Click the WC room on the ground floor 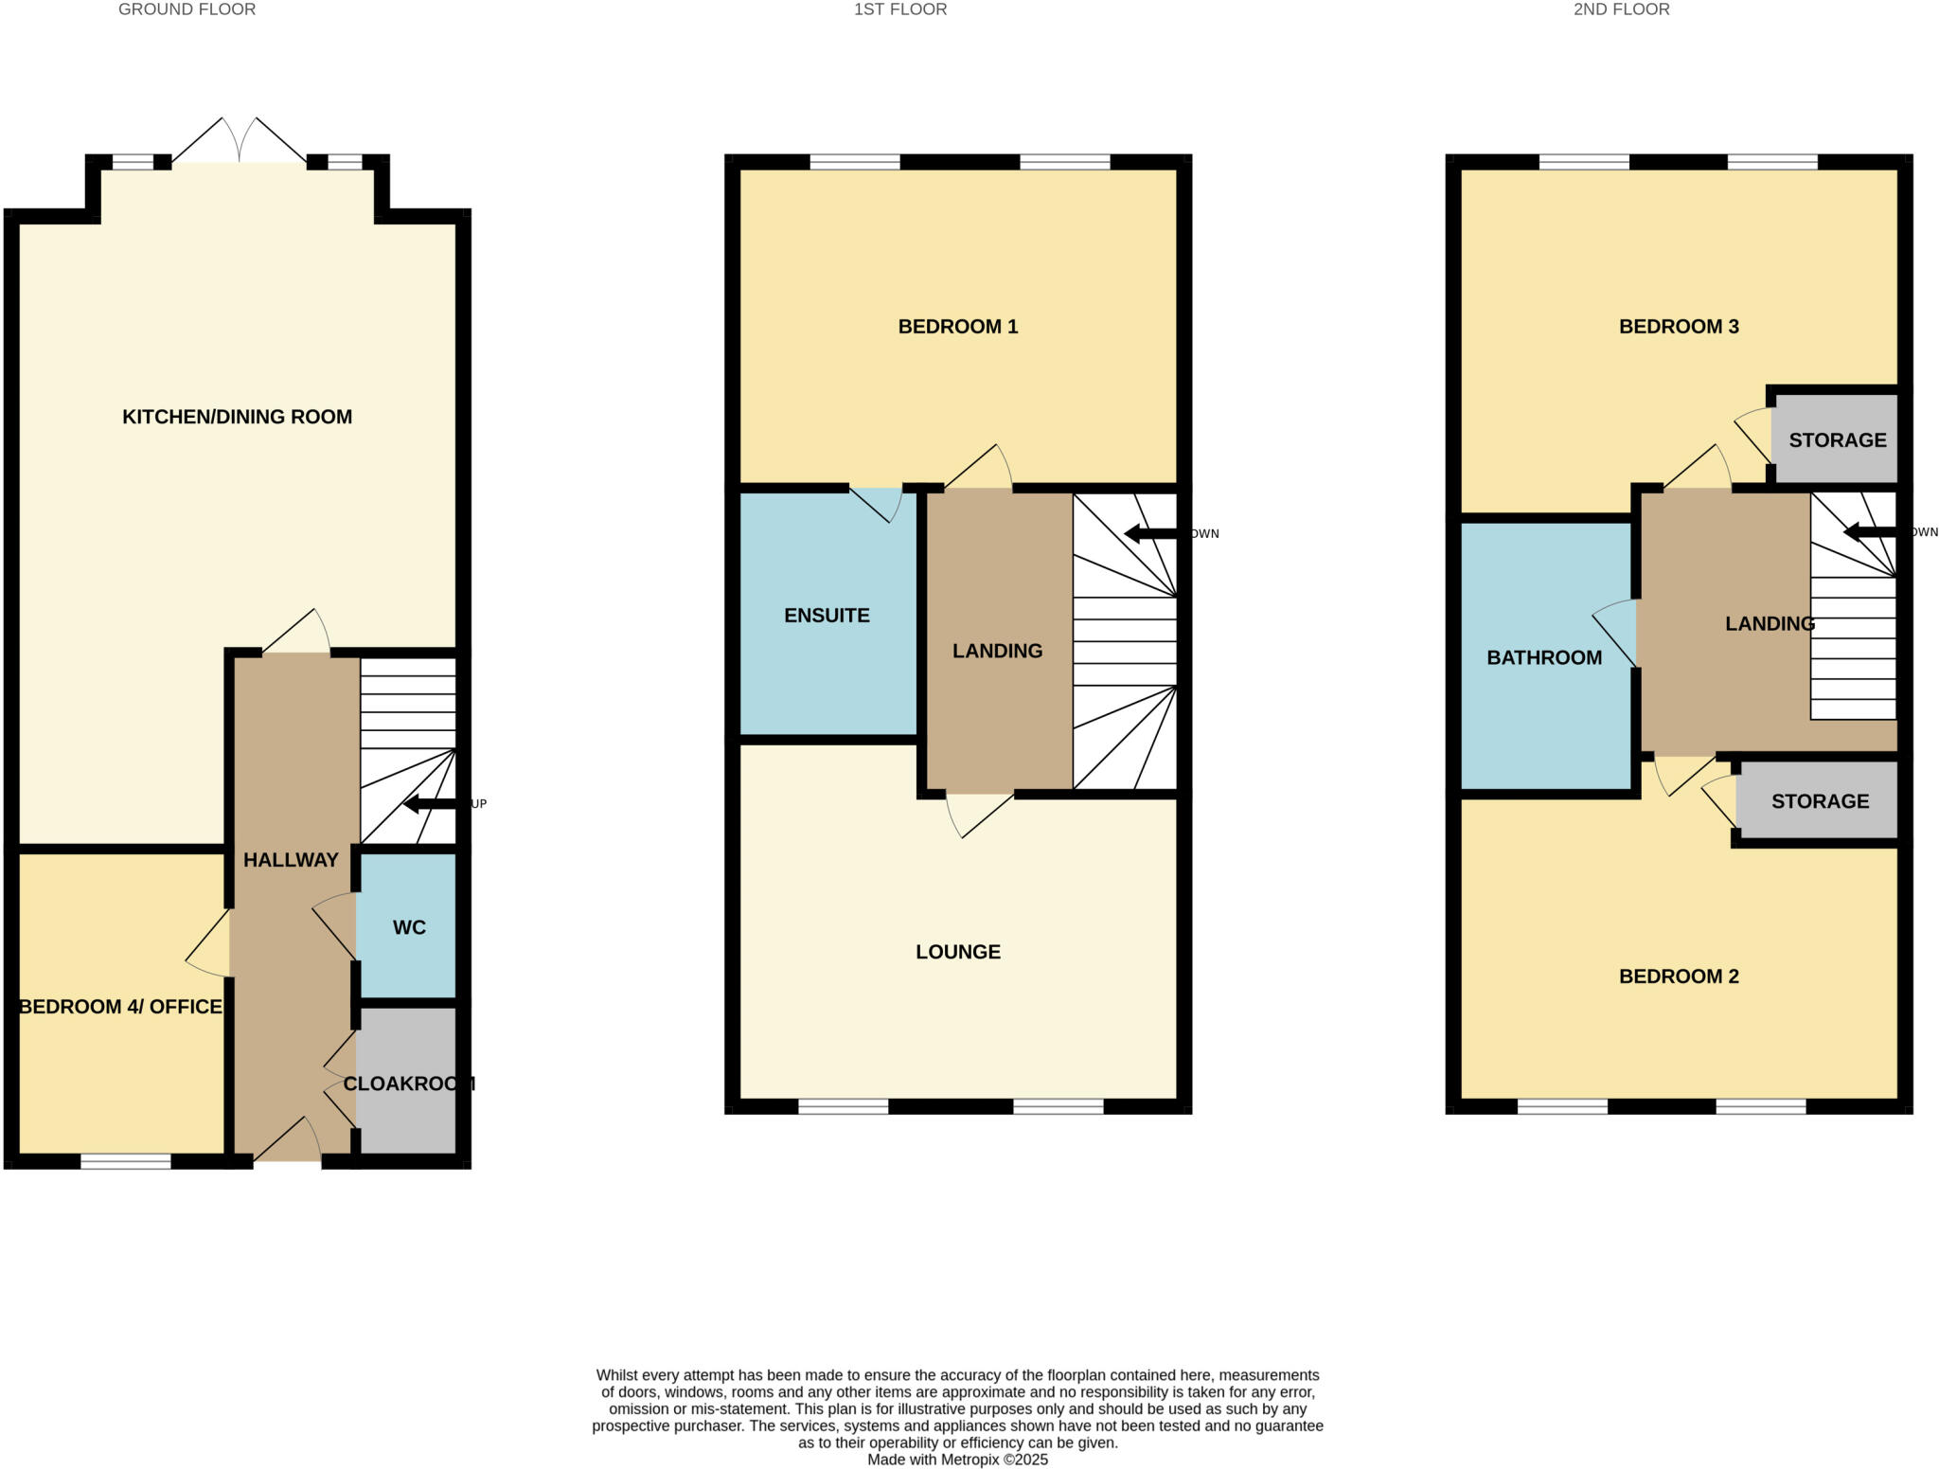click(x=408, y=927)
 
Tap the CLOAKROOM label click(x=408, y=1084)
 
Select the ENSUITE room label click(x=827, y=616)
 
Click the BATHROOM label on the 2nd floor click(x=1543, y=657)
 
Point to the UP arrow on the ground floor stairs click(x=431, y=804)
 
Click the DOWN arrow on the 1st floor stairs click(x=1150, y=534)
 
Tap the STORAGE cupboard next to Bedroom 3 click(x=1836, y=439)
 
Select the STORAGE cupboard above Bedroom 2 click(x=1819, y=801)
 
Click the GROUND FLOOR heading click(x=187, y=9)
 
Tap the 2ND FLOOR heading click(x=1621, y=9)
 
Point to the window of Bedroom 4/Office click(x=125, y=1161)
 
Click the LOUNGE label click(x=957, y=952)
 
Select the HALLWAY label click(x=291, y=860)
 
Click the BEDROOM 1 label click(x=957, y=327)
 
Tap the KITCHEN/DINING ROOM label click(x=237, y=417)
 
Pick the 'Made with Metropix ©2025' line click(x=957, y=1460)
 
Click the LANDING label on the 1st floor click(x=997, y=651)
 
